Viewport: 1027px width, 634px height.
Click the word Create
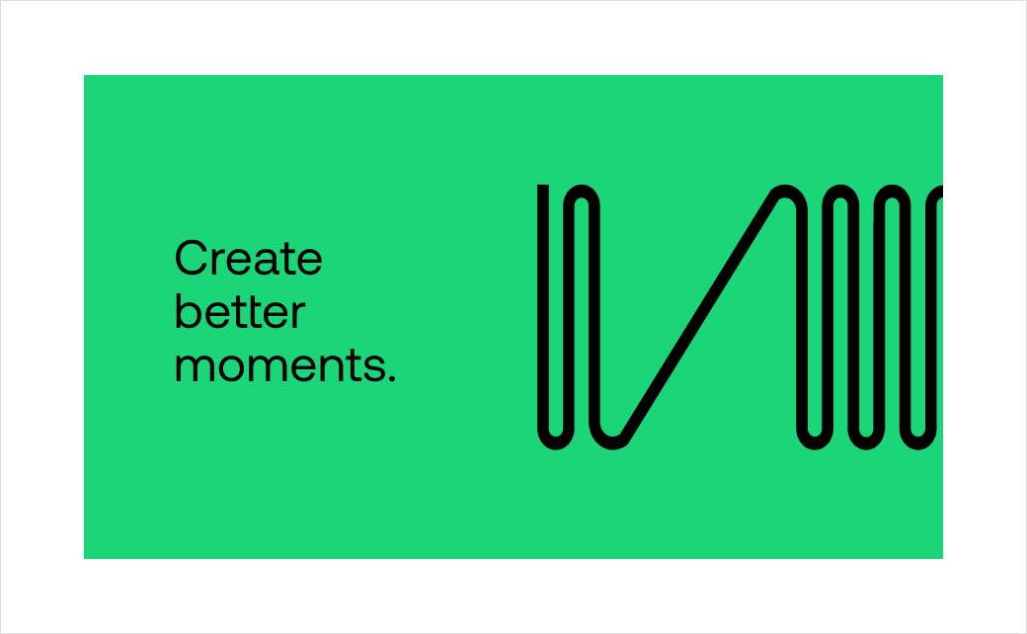248,258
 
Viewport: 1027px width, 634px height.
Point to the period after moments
392,377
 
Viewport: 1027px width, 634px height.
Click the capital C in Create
192,258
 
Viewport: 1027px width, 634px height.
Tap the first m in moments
195,367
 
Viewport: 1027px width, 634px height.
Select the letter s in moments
374,367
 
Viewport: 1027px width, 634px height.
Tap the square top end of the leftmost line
543,186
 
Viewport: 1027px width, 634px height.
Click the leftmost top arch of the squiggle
582,191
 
